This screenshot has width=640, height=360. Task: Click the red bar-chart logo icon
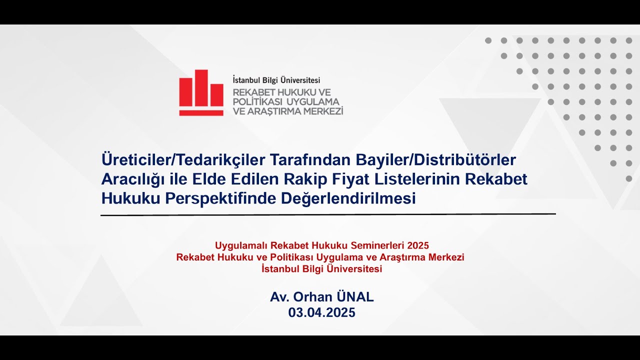coord(201,93)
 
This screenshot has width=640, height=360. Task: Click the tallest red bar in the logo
coord(201,87)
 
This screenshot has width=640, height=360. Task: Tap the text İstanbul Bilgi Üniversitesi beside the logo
coord(276,80)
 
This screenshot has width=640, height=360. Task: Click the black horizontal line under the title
coord(328,214)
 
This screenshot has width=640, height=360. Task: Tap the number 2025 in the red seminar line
coord(418,245)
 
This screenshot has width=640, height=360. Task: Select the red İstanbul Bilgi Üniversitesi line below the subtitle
coord(321,269)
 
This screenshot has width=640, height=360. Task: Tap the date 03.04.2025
coord(321,313)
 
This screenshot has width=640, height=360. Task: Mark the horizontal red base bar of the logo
coord(201,113)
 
